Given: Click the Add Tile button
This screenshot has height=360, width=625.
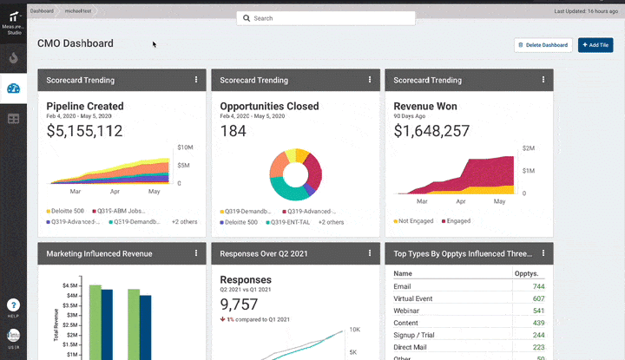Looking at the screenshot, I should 595,45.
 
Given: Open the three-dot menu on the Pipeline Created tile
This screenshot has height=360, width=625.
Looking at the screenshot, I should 196,80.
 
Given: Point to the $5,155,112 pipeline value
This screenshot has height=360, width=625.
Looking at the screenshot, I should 84,131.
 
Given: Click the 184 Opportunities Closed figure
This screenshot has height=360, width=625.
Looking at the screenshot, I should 234,131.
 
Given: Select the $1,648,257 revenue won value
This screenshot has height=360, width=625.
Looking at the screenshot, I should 431,131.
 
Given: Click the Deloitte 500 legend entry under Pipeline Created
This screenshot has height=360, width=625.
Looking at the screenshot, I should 68,211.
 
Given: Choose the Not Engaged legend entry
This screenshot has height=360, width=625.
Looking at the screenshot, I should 416,221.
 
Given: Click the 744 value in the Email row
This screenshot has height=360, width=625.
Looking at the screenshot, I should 539,286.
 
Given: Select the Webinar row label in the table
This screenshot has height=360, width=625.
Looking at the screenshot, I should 406,311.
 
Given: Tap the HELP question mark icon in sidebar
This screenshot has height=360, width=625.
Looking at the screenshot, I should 13,304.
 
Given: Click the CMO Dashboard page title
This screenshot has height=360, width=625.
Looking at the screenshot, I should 76,43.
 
